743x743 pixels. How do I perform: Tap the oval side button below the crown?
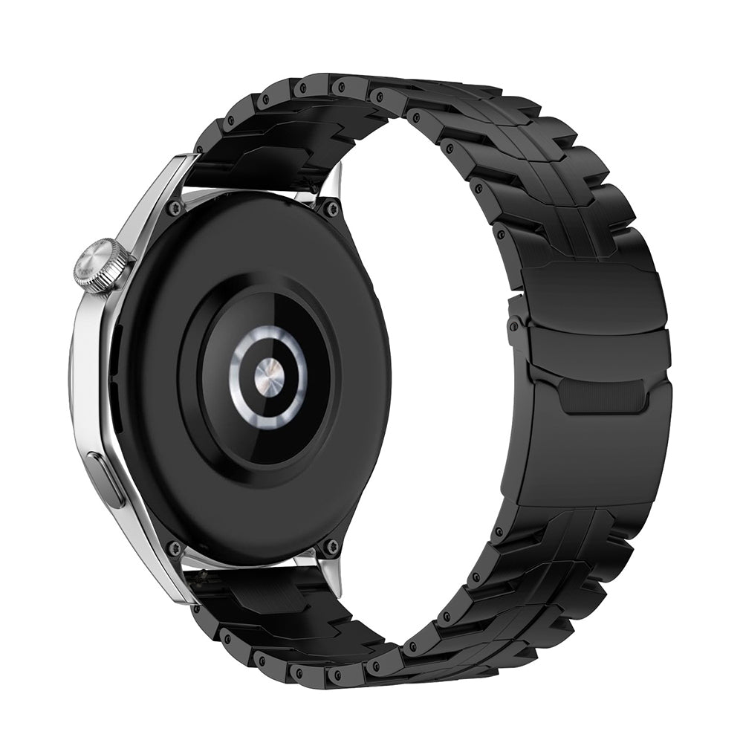click(106, 480)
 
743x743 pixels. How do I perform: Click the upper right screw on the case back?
click(331, 208)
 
